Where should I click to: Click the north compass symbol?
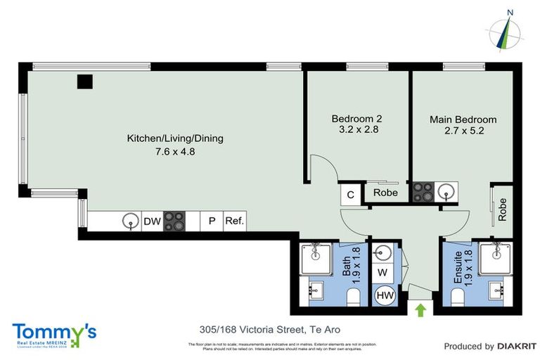click(506, 31)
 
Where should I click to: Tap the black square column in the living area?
click(85, 82)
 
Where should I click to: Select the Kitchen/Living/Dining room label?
click(174, 139)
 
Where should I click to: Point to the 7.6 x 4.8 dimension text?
click(174, 150)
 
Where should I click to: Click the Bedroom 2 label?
click(356, 119)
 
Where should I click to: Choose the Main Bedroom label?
click(463, 120)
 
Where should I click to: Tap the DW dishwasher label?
click(152, 221)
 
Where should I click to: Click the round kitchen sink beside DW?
click(130, 221)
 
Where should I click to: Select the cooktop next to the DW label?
click(174, 221)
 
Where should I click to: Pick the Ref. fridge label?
click(234, 221)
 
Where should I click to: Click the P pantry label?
click(211, 221)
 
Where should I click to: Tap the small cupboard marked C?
click(349, 193)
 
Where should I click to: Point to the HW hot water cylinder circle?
click(384, 296)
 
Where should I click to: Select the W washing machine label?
click(382, 271)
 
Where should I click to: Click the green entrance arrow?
click(421, 309)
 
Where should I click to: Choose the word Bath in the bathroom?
click(346, 266)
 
